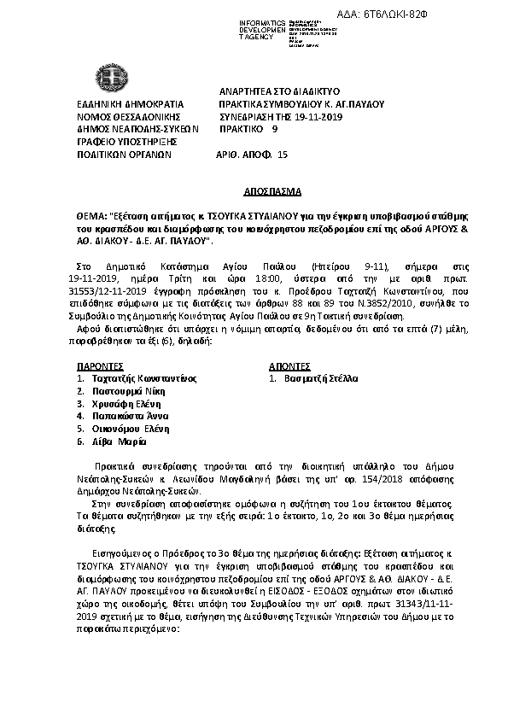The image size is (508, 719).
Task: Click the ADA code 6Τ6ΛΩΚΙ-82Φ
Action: [x=459, y=16]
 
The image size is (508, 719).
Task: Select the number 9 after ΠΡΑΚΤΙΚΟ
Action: [x=274, y=130]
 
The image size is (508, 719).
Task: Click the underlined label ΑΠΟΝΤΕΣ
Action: [x=291, y=363]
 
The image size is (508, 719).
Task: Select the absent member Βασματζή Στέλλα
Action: [x=321, y=377]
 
